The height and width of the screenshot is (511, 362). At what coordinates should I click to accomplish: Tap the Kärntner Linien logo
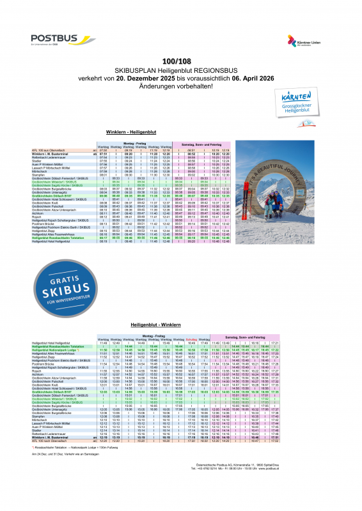point(303,42)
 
